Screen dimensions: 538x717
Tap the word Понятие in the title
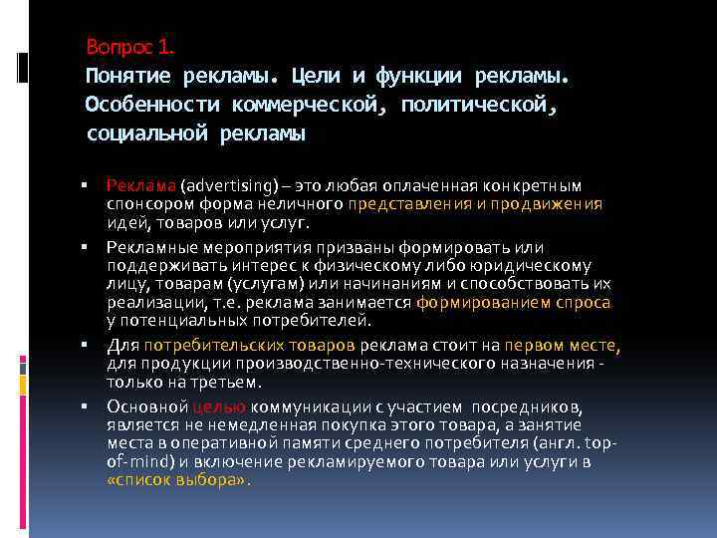tap(128, 76)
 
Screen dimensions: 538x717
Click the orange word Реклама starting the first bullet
tap(140, 185)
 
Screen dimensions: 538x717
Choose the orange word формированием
tap(468, 302)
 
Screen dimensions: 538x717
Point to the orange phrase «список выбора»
tap(175, 479)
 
